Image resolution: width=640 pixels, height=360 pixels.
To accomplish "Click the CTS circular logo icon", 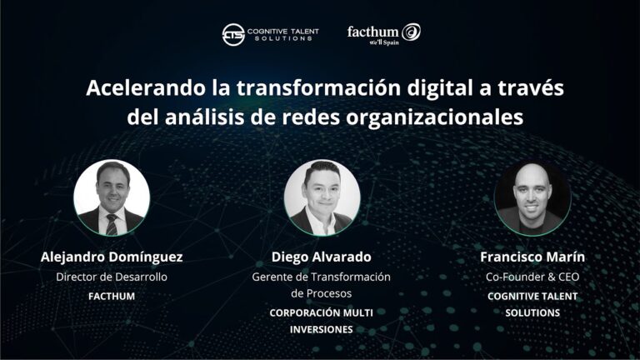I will point(233,34).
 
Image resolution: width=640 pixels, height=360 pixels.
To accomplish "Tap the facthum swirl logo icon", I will point(412,32).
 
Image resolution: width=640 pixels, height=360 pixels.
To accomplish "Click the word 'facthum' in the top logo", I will point(372,32).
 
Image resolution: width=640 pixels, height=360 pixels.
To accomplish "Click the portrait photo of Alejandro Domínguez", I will point(112,197).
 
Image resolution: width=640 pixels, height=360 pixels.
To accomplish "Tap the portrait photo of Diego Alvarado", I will point(321,197).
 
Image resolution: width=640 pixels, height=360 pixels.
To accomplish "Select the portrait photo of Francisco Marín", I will point(532,197).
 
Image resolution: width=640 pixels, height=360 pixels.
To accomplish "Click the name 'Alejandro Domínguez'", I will point(112,257).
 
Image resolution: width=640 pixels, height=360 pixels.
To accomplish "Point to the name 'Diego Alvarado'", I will point(321,257).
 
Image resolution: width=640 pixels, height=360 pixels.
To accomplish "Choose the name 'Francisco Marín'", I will point(532,257).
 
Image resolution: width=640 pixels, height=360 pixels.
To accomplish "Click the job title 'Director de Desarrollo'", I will point(112,277).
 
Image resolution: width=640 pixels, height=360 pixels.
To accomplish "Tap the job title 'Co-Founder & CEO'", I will point(532,277).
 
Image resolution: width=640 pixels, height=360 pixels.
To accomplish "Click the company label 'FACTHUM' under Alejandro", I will point(112,296).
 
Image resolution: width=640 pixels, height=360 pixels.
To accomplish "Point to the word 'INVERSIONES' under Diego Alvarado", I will point(321,329).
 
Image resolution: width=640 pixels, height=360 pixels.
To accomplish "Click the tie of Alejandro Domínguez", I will point(112,222).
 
